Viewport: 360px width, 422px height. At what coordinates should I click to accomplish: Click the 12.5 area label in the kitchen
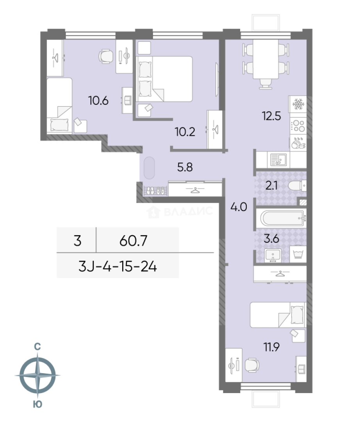tap(271, 116)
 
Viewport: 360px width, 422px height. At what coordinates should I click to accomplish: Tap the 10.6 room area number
tap(98, 101)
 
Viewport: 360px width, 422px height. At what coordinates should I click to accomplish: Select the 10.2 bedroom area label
tap(185, 132)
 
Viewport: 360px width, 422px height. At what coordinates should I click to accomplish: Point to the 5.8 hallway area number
tap(185, 167)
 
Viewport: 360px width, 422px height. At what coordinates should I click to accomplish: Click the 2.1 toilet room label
tap(271, 186)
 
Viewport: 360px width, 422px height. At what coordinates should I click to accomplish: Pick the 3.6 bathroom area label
tap(271, 239)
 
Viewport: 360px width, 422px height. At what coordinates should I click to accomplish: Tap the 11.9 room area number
tap(271, 347)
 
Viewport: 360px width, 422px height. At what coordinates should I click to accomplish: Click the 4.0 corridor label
tap(239, 207)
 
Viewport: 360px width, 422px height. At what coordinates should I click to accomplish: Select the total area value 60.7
tap(134, 241)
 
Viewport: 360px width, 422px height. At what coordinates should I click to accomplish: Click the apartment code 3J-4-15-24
tap(118, 267)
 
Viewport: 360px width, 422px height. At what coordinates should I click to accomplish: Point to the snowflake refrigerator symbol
tap(298, 104)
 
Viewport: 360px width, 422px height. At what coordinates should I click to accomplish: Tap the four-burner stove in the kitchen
tap(298, 126)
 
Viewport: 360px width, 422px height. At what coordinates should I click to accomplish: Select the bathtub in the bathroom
tap(283, 218)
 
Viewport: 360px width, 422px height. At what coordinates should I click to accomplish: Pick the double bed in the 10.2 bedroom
tap(164, 79)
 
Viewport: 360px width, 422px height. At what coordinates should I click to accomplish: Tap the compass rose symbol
tap(37, 375)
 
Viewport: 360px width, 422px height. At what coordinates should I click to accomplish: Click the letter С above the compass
tap(37, 347)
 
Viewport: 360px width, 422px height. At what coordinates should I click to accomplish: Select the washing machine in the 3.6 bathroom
tap(298, 254)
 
